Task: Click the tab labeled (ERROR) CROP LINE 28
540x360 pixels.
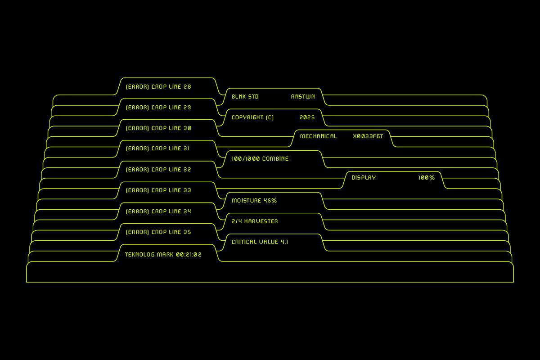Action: coord(158,87)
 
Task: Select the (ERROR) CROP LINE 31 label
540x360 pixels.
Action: coord(158,148)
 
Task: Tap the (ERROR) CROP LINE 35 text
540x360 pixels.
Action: coord(158,232)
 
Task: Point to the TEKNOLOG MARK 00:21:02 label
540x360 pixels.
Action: coord(163,255)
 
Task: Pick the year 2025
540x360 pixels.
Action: coord(307,117)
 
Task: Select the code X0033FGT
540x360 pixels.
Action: coord(368,136)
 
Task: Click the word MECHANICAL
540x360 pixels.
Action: coord(318,136)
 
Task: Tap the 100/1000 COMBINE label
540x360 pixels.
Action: coord(260,159)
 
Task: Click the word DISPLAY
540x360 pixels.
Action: coord(364,178)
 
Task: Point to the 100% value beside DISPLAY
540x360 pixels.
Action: coord(426,178)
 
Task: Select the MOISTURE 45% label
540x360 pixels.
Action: coord(254,201)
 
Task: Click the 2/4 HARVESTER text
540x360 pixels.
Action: coord(255,221)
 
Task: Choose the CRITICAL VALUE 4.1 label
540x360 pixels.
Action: coord(260,242)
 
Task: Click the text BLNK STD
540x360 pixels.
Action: coord(245,97)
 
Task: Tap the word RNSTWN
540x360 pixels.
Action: coord(303,97)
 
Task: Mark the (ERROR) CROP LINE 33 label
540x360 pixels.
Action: coord(158,190)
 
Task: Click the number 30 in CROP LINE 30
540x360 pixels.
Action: coord(187,128)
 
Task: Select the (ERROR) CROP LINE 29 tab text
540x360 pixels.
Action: coord(158,108)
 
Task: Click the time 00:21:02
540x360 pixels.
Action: coord(189,255)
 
